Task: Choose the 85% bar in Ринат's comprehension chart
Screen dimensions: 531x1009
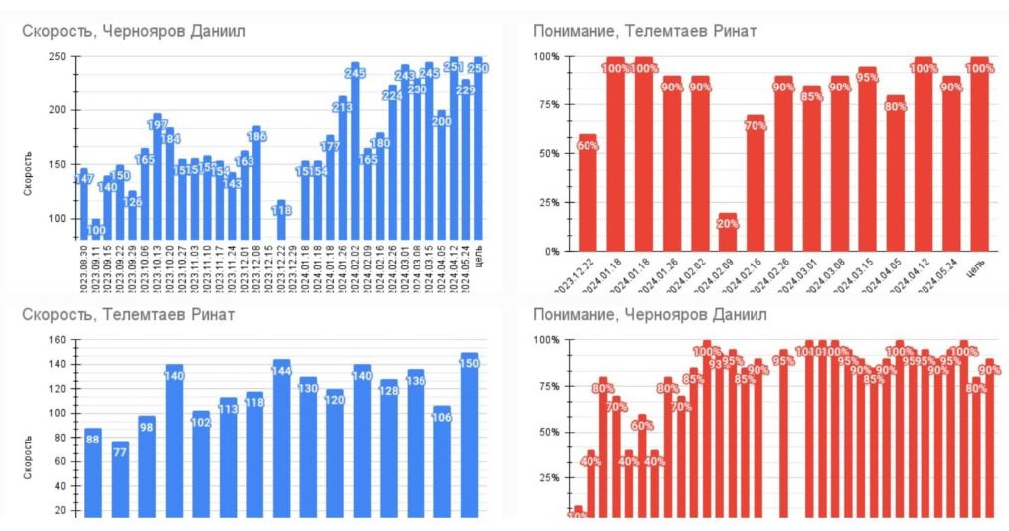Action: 812,169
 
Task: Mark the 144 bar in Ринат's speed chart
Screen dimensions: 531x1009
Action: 281,438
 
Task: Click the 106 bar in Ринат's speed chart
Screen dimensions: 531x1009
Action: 442,461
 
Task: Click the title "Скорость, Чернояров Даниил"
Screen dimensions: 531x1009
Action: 134,31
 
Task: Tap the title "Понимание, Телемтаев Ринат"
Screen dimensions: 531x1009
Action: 644,31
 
